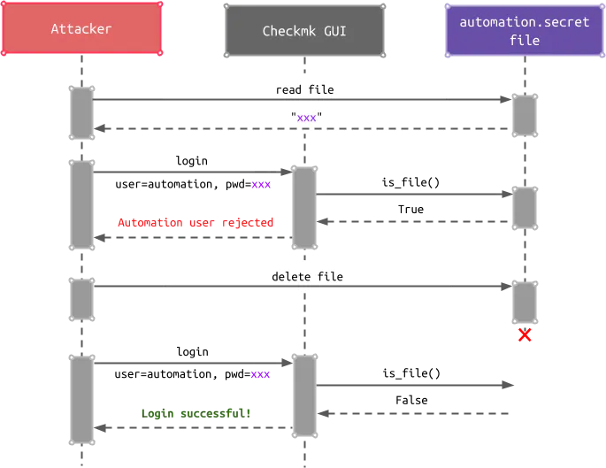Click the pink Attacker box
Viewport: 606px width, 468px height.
81,29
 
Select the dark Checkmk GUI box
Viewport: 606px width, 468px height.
303,32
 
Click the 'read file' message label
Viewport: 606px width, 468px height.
304,89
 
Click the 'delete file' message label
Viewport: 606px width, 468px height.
307,277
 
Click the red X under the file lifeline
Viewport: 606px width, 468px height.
525,335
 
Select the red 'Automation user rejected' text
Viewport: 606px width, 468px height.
196,222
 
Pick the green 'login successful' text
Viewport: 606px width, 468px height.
196,412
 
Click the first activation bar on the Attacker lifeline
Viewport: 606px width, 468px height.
82,112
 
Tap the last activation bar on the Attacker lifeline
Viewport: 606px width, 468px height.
82,399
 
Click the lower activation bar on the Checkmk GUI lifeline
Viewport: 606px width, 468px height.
303,395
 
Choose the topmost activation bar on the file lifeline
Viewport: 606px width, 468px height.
525,115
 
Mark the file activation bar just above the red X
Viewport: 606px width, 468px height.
525,301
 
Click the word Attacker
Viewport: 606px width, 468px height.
81,29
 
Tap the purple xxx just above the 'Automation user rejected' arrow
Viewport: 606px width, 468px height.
261,185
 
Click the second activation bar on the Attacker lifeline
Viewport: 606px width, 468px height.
82,205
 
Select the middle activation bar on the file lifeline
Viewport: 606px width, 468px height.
525,207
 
